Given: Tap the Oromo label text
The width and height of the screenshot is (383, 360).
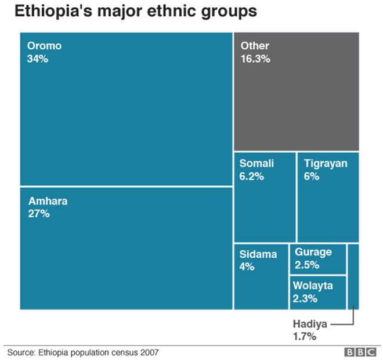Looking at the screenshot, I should coord(44,46).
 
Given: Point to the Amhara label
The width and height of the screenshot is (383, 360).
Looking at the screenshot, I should coord(48,201).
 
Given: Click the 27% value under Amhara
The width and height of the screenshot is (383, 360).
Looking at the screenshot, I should coord(39,214).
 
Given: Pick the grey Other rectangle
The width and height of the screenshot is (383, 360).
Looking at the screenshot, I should coord(296,105).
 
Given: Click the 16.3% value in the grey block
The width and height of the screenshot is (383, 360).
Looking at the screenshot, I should coord(255,59).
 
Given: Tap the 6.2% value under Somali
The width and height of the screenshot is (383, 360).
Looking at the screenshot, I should coord(251,177).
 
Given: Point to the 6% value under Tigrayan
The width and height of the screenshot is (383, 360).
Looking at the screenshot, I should coord(312,177).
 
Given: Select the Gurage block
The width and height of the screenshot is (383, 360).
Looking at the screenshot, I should coord(318,258).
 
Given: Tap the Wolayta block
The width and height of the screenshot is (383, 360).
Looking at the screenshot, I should coord(318,292).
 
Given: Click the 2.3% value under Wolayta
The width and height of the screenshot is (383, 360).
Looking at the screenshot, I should coord(305,298).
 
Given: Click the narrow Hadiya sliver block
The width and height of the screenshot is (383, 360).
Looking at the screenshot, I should coord(353,276).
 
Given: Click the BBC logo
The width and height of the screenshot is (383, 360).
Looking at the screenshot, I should coord(360,352).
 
